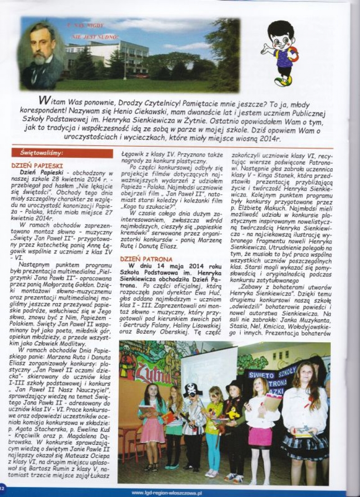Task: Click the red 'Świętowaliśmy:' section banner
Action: [x=62, y=153]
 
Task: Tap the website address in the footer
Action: [x=167, y=492]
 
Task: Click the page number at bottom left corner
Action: [x=2, y=488]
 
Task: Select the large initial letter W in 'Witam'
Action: [x=44, y=99]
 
